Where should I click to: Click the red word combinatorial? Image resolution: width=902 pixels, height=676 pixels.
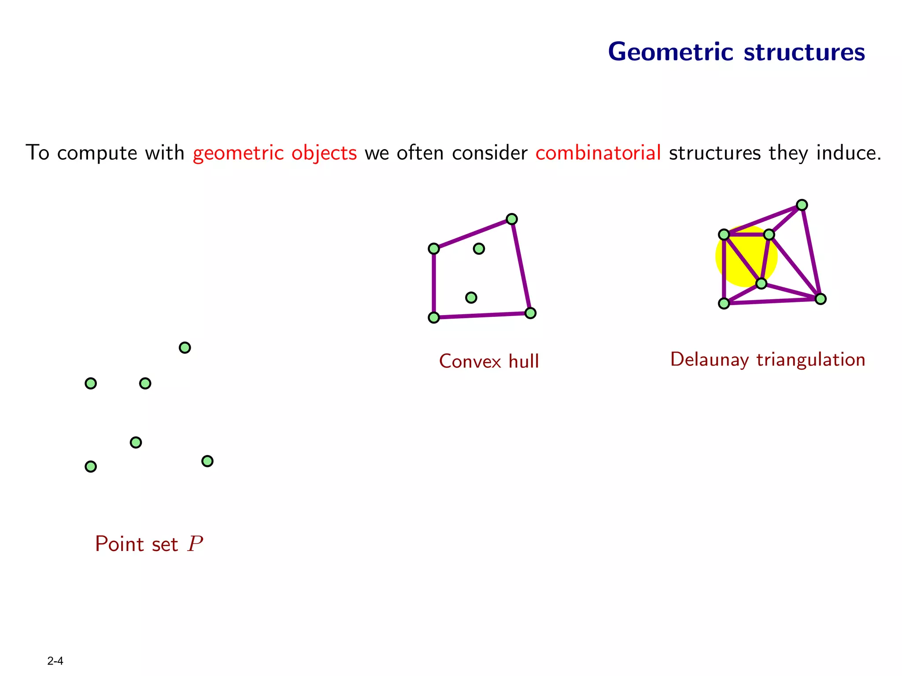[598, 153]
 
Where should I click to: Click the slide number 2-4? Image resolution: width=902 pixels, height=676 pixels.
[55, 661]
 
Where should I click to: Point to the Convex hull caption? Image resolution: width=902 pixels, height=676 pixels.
[489, 361]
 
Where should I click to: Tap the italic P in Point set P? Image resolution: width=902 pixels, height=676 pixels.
[195, 544]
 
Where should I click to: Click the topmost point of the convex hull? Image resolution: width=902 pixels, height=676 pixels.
[511, 219]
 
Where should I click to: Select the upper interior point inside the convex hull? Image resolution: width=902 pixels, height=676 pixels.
[479, 249]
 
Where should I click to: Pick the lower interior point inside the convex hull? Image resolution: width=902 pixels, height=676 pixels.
[471, 298]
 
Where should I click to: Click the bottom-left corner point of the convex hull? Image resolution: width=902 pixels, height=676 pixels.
[434, 318]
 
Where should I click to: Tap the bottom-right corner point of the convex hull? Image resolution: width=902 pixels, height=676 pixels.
[530, 313]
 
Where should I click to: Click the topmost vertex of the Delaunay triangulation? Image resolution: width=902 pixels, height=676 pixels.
[802, 205]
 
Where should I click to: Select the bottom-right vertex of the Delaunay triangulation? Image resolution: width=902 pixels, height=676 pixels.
[820, 299]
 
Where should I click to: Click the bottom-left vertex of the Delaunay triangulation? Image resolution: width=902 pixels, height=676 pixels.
[724, 303]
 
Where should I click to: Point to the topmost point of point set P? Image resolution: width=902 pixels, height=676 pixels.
[185, 348]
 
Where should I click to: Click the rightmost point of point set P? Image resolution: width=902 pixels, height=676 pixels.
[207, 461]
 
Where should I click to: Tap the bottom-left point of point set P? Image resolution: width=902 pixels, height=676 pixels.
[91, 467]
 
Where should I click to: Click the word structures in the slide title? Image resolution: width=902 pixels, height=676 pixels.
[804, 52]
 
